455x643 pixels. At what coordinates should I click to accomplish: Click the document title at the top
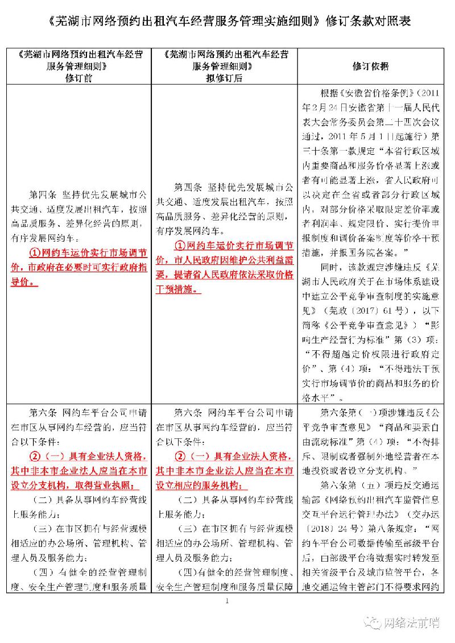click(x=227, y=21)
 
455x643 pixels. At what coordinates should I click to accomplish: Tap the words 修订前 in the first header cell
click(x=79, y=78)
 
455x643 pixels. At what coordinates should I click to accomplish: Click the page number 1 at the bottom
click(x=227, y=601)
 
